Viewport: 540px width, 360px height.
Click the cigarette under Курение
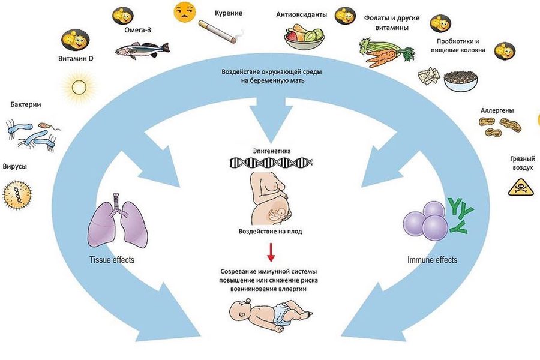click(217, 31)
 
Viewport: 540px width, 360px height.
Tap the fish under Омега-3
click(142, 49)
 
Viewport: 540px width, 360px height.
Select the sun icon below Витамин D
click(79, 87)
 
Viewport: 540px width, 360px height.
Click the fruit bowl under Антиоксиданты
click(304, 37)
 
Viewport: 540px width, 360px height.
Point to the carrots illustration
click(386, 52)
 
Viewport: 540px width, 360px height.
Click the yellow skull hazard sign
click(521, 187)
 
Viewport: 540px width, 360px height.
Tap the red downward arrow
click(271, 252)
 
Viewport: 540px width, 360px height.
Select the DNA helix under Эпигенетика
click(271, 162)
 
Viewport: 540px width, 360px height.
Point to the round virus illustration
click(17, 195)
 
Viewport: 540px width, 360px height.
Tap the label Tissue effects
click(112, 259)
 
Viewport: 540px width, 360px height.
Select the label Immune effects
click(432, 259)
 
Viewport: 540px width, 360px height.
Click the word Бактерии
click(26, 104)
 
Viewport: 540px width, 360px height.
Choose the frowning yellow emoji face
click(185, 12)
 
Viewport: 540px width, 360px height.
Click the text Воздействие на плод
click(271, 232)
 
